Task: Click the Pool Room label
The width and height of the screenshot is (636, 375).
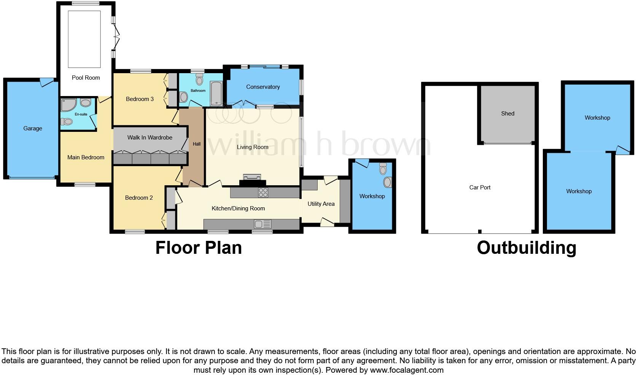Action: click(x=86, y=78)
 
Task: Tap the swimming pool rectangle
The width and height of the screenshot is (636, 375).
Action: click(x=84, y=39)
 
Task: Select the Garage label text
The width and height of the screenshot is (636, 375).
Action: click(x=33, y=128)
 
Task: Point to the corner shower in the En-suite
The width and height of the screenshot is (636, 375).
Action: click(x=68, y=105)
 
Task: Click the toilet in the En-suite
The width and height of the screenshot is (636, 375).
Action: click(x=67, y=122)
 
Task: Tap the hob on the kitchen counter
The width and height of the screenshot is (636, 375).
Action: click(x=263, y=192)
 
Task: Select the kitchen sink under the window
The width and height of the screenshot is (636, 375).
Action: click(x=261, y=224)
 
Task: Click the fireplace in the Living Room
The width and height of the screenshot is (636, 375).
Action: click(x=252, y=179)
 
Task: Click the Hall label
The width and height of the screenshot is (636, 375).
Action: click(x=197, y=144)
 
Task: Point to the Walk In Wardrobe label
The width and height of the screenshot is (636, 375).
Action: click(x=150, y=138)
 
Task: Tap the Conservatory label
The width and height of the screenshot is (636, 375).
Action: click(x=263, y=87)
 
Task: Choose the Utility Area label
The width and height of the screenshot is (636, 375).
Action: click(x=321, y=204)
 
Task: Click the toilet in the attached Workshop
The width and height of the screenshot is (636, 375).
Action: click(x=383, y=168)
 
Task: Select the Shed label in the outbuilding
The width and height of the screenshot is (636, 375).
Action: click(x=507, y=114)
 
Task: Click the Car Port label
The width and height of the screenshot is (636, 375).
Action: click(x=480, y=187)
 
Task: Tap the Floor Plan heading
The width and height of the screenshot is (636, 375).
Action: click(x=199, y=248)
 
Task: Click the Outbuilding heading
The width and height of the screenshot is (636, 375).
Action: click(x=526, y=248)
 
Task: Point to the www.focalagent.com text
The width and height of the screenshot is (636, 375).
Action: click(x=406, y=370)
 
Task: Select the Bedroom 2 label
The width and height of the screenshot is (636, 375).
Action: click(x=139, y=198)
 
